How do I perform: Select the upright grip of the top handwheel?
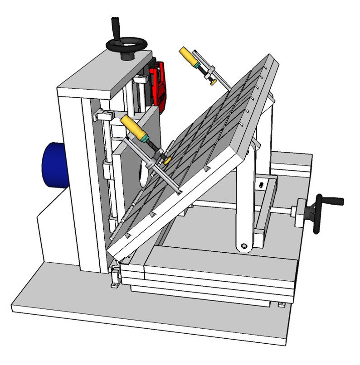click(115, 27)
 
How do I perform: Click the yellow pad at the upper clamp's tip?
click(212, 83)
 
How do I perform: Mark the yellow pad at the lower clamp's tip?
click(167, 161)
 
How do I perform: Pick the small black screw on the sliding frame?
click(261, 186)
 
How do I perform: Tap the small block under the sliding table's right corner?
click(282, 304)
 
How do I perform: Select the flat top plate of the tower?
click(104, 74)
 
